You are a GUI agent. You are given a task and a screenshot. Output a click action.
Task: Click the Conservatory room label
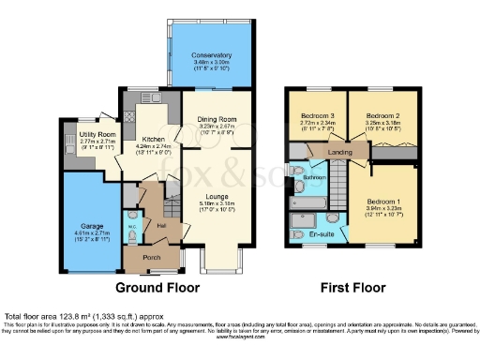[206, 54]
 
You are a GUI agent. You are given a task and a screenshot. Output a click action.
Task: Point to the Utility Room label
[82, 136]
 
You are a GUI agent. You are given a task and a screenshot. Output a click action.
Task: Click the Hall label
[161, 226]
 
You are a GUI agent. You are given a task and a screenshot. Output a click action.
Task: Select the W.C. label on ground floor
[132, 225]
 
